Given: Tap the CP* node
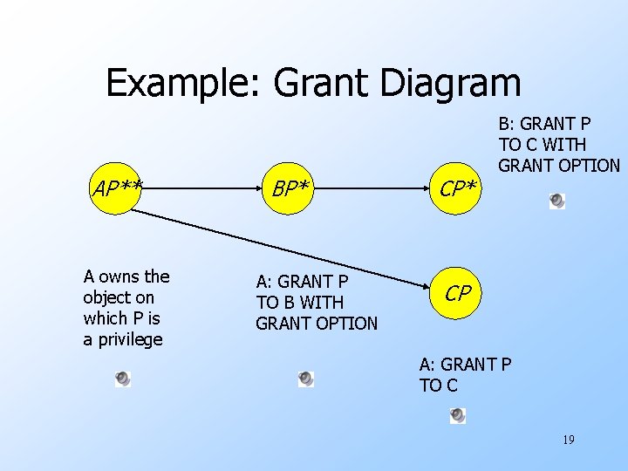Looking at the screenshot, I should [x=457, y=188].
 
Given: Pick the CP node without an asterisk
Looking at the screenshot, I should [x=457, y=294].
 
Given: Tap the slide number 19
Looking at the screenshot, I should [x=568, y=440].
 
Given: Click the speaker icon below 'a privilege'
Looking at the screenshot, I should [x=123, y=379].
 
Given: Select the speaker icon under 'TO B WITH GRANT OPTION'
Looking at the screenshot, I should [x=305, y=379].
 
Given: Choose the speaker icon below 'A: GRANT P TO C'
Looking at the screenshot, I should [x=458, y=416].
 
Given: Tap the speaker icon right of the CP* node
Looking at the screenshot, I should [x=557, y=201].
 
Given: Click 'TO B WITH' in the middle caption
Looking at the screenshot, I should [x=299, y=303].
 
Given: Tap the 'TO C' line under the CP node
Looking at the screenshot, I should [x=438, y=386].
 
